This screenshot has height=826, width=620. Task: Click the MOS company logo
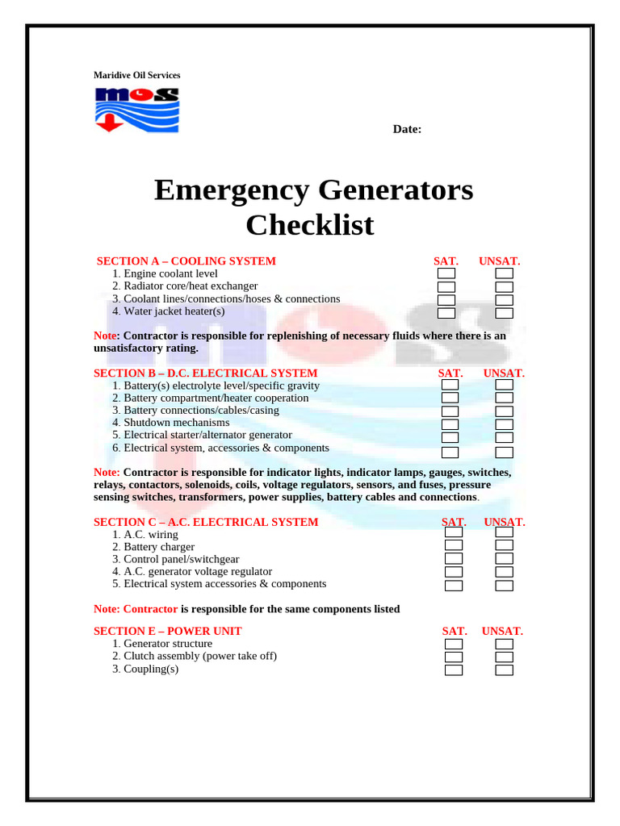136,110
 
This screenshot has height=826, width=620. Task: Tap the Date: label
407,129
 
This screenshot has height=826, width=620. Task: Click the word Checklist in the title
310,225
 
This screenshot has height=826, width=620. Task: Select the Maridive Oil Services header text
137,76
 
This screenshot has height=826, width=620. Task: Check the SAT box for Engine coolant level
446,274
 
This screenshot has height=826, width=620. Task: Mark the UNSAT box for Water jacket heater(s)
505,313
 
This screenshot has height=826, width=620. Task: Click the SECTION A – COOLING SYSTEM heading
186,261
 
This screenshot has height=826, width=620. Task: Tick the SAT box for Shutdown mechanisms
450,424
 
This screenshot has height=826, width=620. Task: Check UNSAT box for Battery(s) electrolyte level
505,386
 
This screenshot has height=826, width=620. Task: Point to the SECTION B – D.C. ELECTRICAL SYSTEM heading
206,373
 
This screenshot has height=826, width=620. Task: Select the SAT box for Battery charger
454,545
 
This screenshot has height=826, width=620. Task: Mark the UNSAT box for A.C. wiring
505,532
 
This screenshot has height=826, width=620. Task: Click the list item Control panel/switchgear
181,559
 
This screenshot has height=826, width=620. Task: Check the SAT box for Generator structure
454,644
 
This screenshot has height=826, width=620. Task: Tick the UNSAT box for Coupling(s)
505,670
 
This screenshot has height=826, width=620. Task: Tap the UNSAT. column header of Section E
502,631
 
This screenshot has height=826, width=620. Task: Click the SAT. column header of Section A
446,261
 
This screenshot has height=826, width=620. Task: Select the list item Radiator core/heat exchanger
191,286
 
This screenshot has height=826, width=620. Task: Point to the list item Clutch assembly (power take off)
199,657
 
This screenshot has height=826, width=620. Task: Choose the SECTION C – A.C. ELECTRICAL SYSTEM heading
206,522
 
